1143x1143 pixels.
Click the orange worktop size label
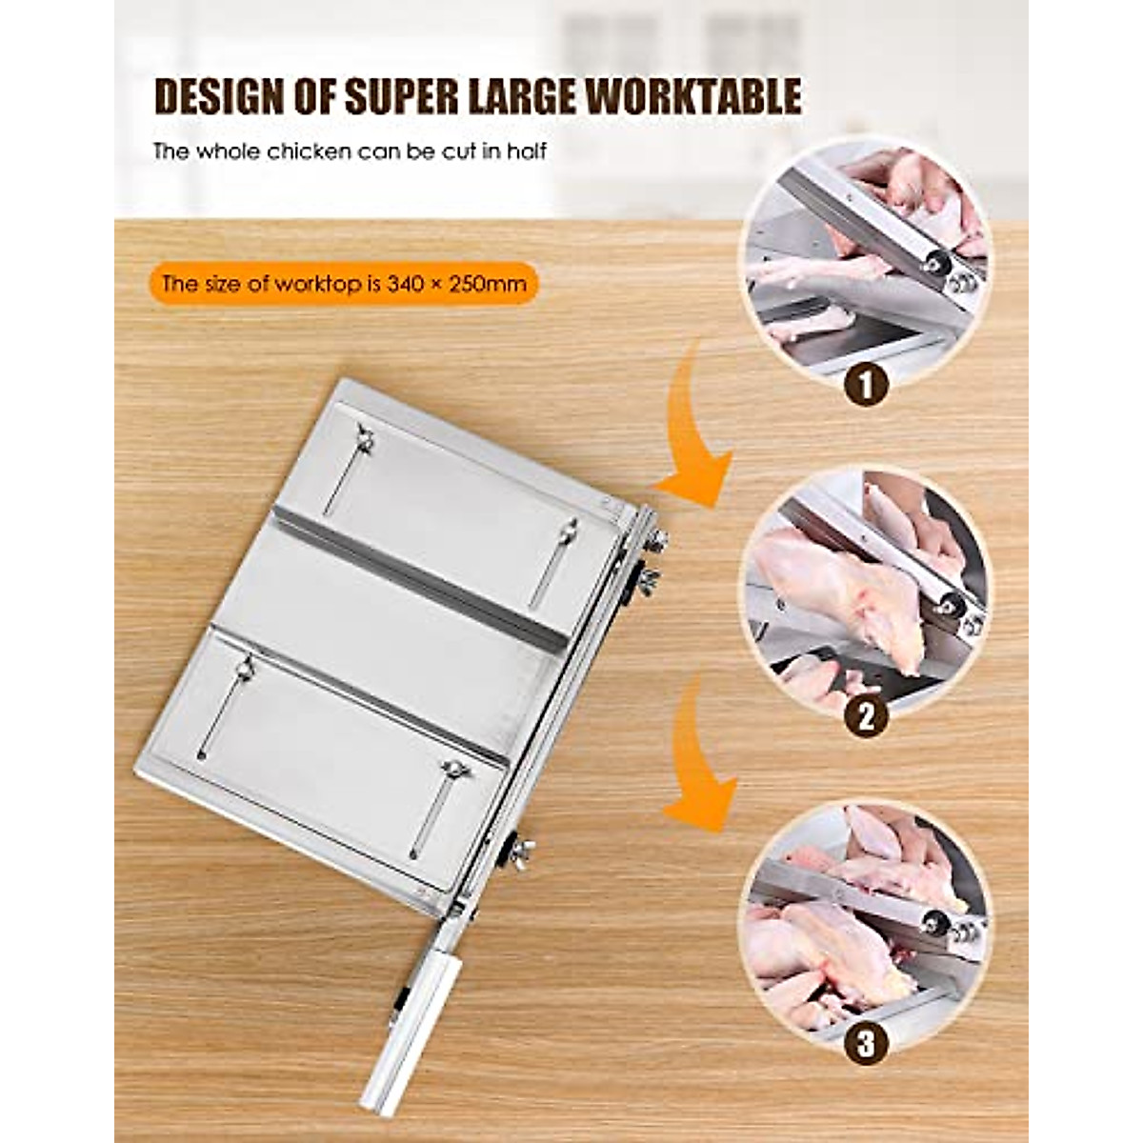click(343, 283)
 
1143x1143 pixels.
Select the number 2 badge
click(866, 716)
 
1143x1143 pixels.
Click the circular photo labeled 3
click(865, 924)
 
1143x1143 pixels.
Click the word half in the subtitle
click(526, 150)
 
